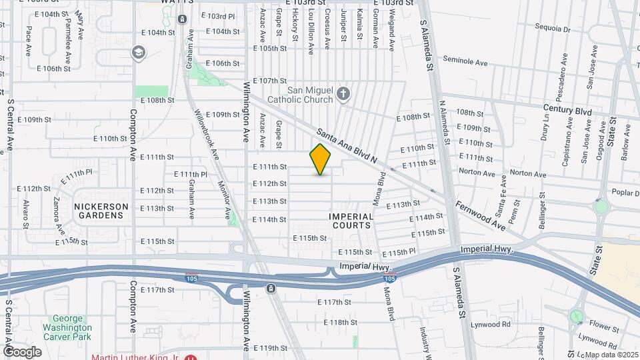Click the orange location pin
tap(321, 159)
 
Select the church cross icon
tap(343, 93)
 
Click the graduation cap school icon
tap(139, 53)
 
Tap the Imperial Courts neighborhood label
tap(351, 221)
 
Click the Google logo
tap(22, 351)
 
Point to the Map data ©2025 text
tap(611, 354)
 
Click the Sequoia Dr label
tap(553, 29)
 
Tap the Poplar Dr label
tap(626, 192)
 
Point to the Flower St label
tap(605, 328)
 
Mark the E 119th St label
tap(273, 347)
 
